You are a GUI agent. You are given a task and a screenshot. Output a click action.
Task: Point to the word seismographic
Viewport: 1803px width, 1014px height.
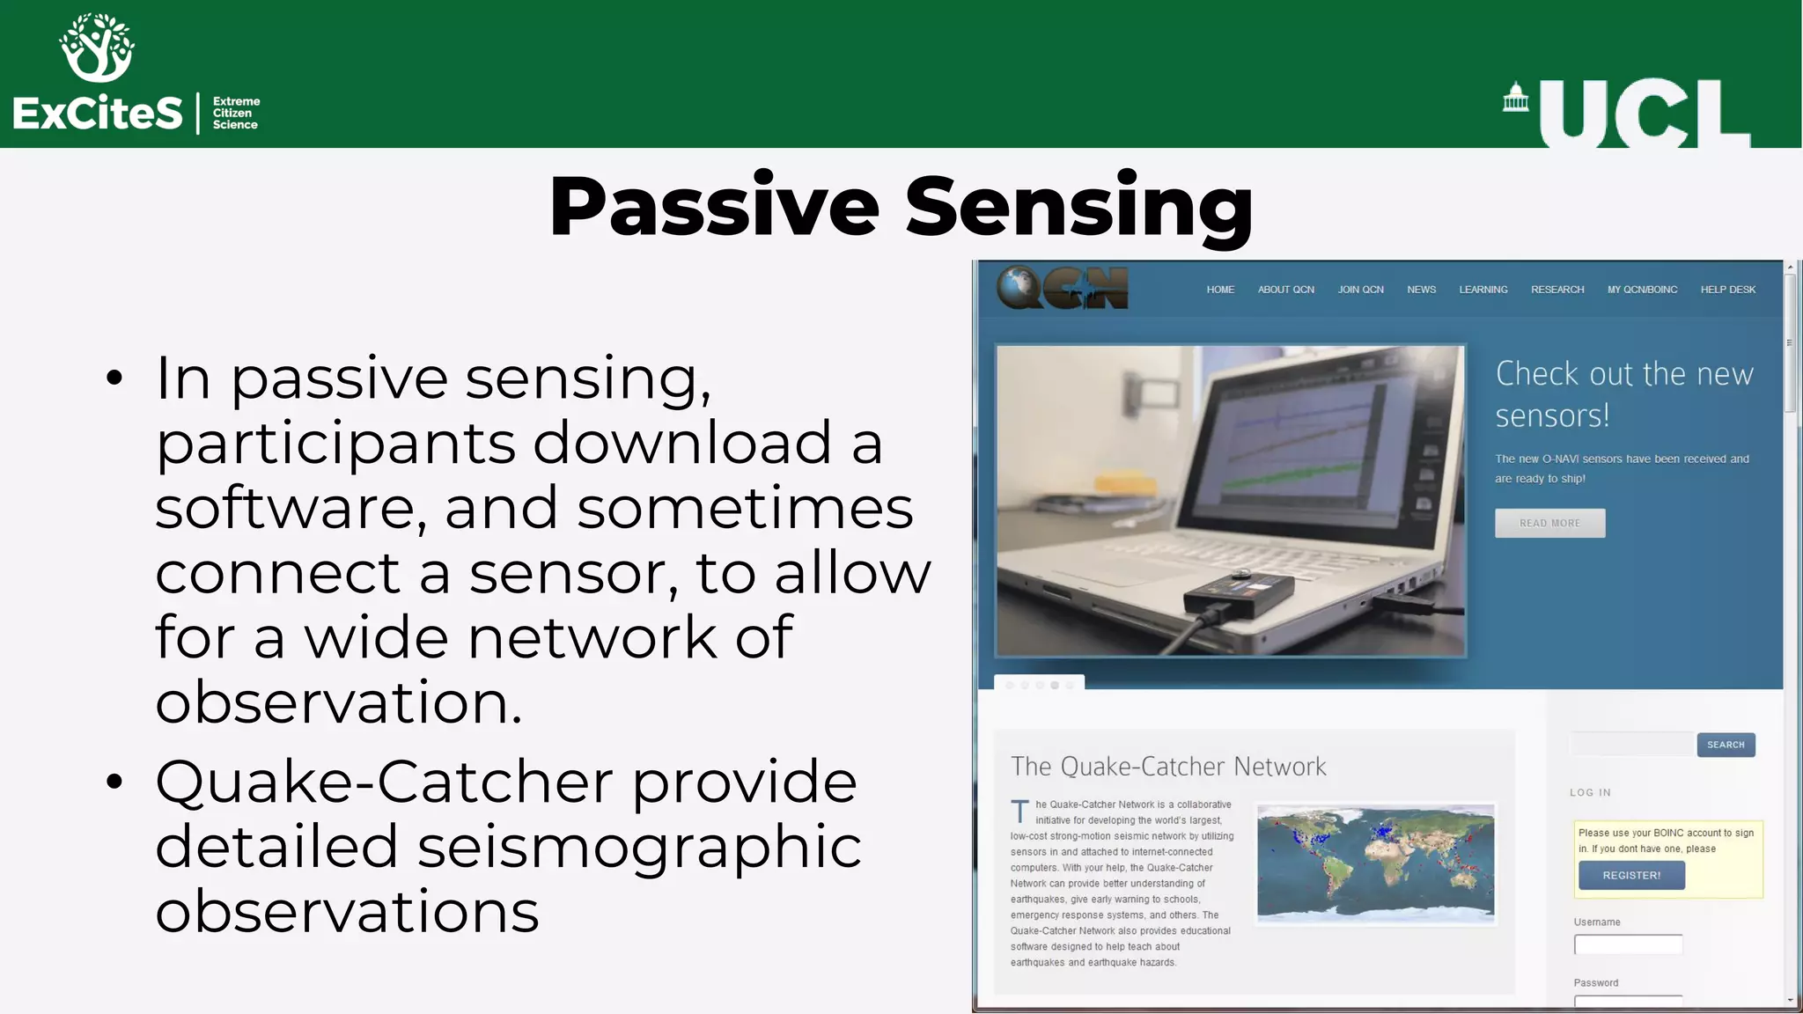[x=639, y=847]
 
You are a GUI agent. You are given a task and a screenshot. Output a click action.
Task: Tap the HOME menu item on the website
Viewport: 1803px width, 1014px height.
[x=1220, y=290]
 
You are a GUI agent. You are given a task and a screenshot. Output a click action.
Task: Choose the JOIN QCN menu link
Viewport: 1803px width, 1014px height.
[x=1360, y=290]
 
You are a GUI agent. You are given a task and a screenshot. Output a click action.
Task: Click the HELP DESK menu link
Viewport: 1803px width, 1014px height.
[x=1727, y=290]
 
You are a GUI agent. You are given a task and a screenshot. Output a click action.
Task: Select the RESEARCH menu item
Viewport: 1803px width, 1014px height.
[x=1556, y=290]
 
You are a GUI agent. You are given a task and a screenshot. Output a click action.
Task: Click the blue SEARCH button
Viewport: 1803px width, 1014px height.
[x=1726, y=745]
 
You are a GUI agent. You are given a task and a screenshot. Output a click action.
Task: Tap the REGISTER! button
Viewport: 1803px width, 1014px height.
[x=1631, y=876]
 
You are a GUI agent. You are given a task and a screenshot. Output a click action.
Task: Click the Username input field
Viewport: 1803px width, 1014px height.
[x=1628, y=945]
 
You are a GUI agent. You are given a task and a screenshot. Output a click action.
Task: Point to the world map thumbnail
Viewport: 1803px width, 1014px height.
[x=1375, y=863]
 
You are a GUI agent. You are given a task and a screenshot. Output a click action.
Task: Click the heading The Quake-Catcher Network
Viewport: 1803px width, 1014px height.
[x=1168, y=767]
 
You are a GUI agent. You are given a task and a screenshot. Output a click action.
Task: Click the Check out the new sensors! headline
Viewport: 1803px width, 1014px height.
[x=1623, y=394]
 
